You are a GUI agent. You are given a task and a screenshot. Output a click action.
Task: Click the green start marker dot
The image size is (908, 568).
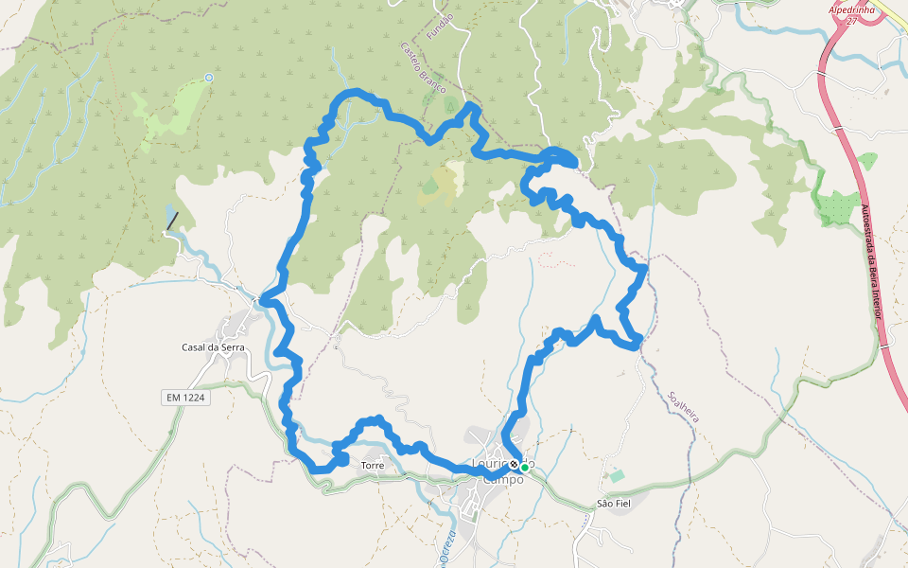pyautogui.click(x=524, y=467)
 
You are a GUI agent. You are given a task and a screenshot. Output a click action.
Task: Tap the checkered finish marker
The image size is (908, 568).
pyautogui.click(x=514, y=466)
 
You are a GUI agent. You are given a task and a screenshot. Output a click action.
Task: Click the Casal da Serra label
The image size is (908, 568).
pyautogui.click(x=213, y=347)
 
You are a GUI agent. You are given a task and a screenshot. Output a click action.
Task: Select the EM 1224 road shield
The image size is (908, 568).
pyautogui.click(x=183, y=399)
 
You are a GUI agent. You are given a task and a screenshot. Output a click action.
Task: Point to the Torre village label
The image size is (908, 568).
pyautogui.click(x=372, y=466)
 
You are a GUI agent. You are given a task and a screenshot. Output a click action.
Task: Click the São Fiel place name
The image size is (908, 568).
pyautogui.click(x=614, y=504)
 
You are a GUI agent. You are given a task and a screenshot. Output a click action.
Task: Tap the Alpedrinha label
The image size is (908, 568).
pyautogui.click(x=854, y=9)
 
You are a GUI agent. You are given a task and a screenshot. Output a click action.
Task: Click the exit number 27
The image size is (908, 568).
pyautogui.click(x=852, y=21)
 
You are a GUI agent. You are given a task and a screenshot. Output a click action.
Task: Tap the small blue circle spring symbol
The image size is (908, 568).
pyautogui.click(x=209, y=78)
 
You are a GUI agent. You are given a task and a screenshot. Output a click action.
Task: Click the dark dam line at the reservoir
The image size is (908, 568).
pyautogui.click(x=172, y=222)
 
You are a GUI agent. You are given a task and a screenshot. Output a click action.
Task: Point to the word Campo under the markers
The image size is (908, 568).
pyautogui.click(x=503, y=479)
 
